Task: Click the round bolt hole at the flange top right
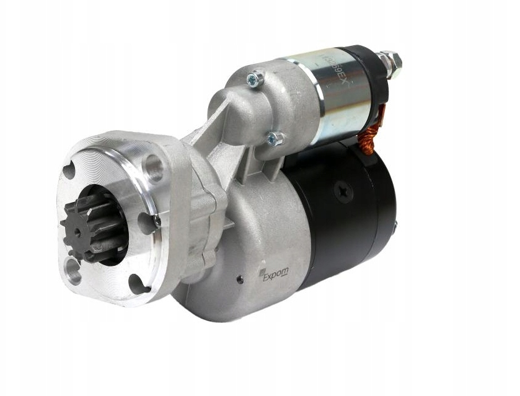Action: click(152, 167)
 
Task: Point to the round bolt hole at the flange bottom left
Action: click(73, 270)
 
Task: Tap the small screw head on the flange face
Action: click(157, 221)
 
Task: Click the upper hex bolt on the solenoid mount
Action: click(255, 79)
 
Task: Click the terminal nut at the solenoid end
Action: click(390, 62)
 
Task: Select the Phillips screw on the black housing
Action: click(343, 190)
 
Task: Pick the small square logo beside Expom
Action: click(262, 271)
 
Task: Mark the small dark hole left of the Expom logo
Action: click(240, 279)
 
